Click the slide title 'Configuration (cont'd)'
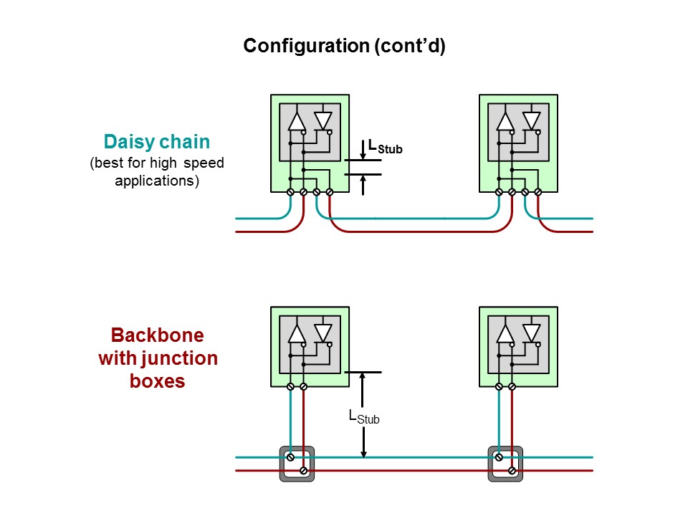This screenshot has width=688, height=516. pyautogui.click(x=345, y=46)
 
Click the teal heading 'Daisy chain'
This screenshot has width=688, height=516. pyautogui.click(x=157, y=142)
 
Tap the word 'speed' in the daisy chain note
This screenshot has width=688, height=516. pyautogui.click(x=204, y=163)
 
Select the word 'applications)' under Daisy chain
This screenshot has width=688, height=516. pyautogui.click(x=157, y=181)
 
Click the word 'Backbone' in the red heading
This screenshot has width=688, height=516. pyautogui.click(x=158, y=335)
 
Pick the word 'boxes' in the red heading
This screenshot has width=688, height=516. pyautogui.click(x=157, y=381)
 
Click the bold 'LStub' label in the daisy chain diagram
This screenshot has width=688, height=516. pyautogui.click(x=385, y=146)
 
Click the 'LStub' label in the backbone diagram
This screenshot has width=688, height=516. pyautogui.click(x=364, y=417)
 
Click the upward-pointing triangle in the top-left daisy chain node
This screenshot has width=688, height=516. pyautogui.click(x=297, y=122)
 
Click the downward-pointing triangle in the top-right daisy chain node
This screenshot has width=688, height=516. pyautogui.click(x=531, y=120)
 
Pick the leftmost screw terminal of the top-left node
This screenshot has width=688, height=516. pyautogui.click(x=290, y=192)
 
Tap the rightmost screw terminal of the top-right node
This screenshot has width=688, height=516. pyautogui.click(x=538, y=192)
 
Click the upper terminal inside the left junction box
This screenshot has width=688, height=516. pyautogui.click(x=290, y=457)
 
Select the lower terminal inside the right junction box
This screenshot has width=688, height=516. pyautogui.click(x=512, y=470)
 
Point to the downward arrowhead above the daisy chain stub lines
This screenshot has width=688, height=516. pyautogui.click(x=363, y=156)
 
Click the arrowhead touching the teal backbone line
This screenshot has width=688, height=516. pyautogui.click(x=363, y=453)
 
